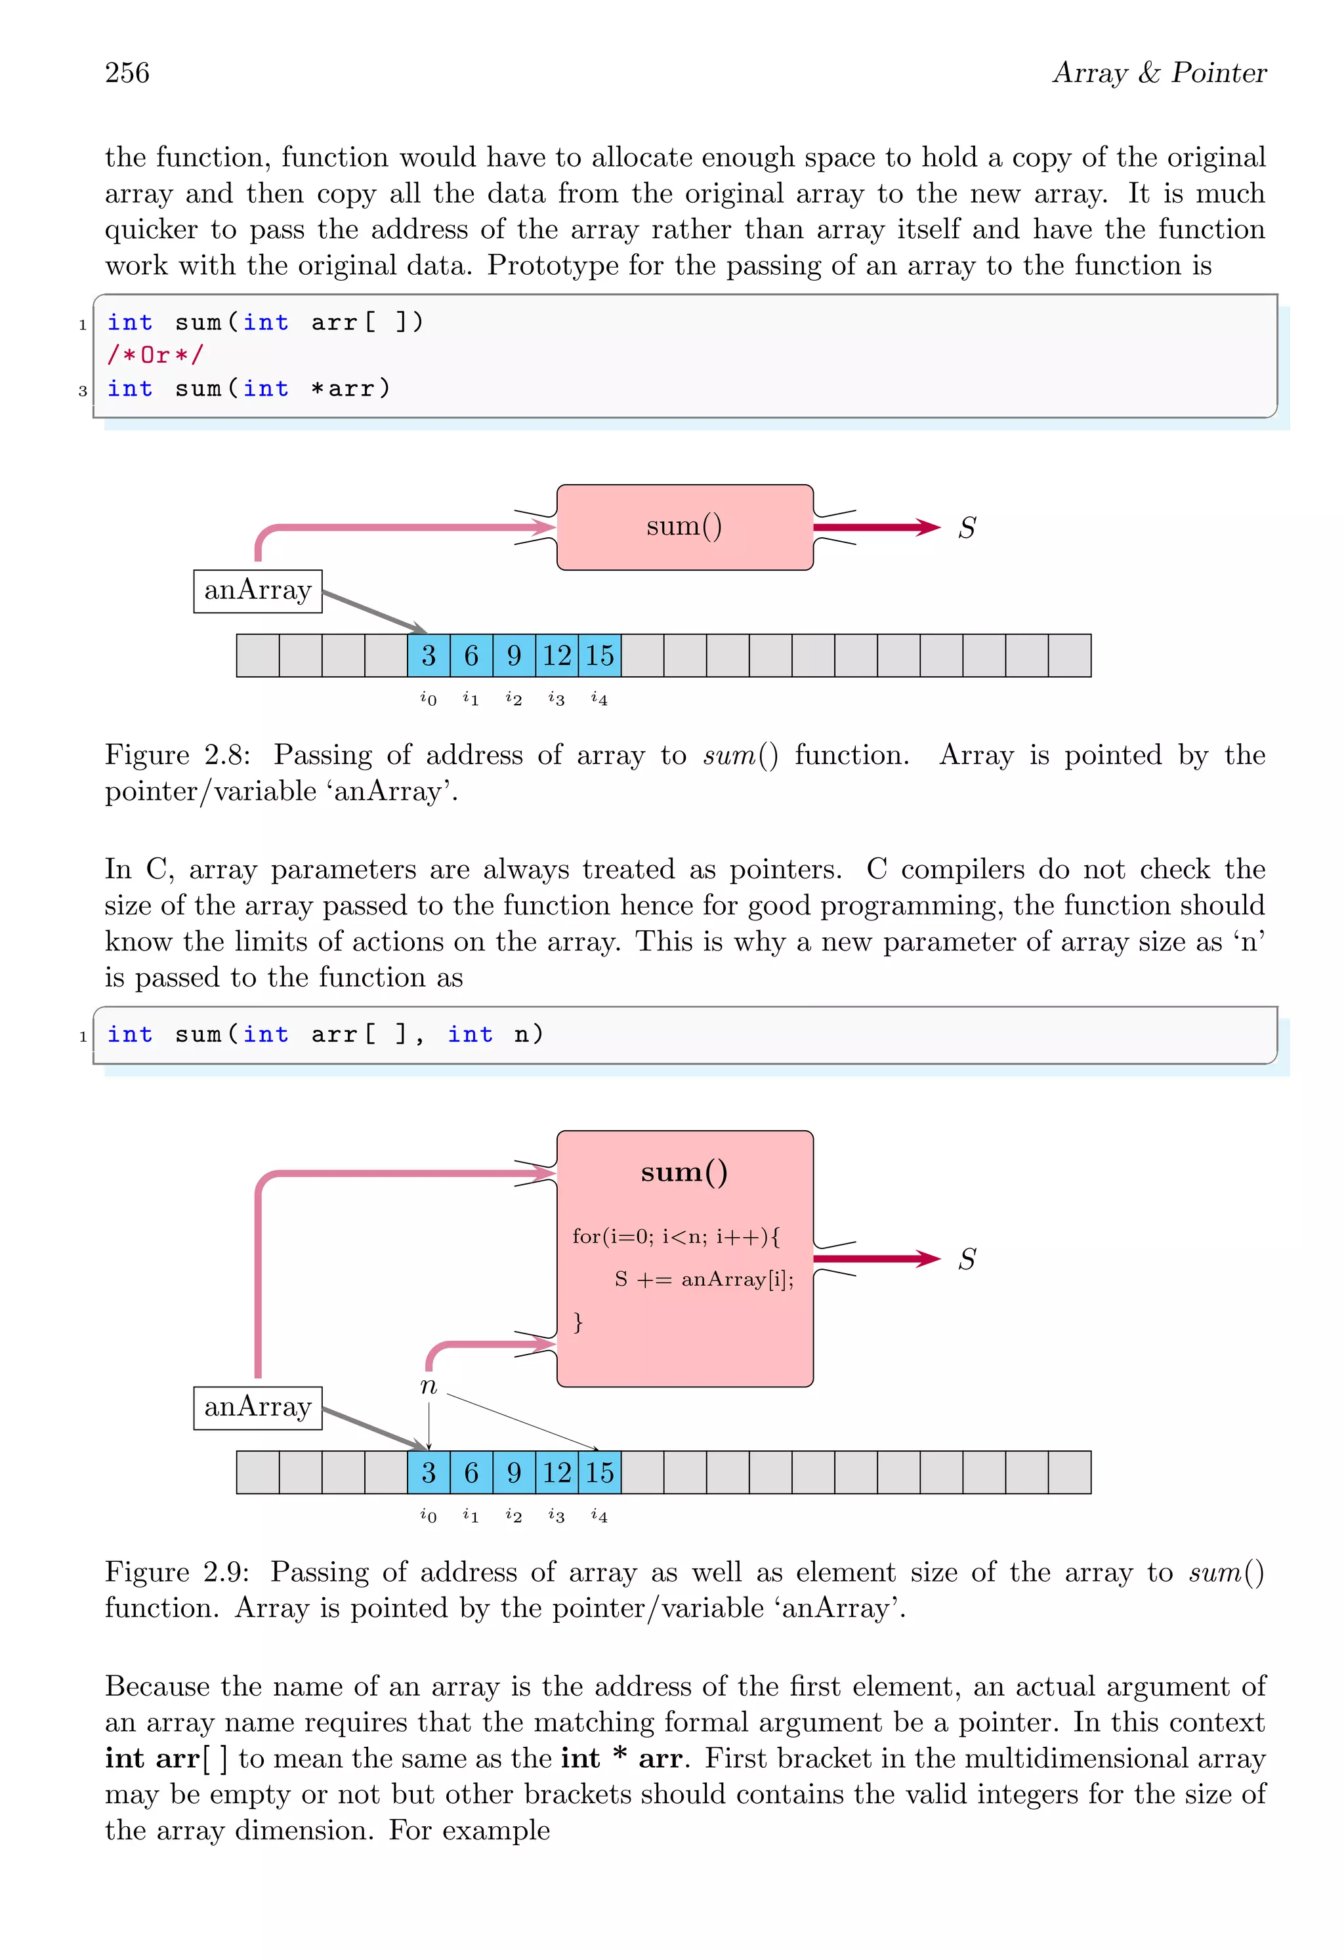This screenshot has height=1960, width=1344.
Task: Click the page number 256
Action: [x=127, y=73]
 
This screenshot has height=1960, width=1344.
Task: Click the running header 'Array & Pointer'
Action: [x=1159, y=73]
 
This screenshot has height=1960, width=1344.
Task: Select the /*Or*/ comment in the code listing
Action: [x=156, y=355]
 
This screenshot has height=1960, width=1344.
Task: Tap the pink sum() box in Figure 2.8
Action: [x=684, y=527]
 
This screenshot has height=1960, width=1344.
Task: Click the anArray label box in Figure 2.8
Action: [x=257, y=590]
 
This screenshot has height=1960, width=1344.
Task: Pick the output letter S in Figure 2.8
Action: [x=967, y=529]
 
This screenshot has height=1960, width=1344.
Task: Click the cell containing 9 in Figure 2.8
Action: [x=514, y=656]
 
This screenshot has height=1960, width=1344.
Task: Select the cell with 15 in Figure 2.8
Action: [x=600, y=656]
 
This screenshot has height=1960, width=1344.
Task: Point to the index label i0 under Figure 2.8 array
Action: [x=429, y=699]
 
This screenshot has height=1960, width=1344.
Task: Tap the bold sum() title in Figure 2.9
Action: [x=684, y=1172]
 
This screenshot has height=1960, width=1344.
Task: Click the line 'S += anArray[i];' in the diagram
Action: [x=703, y=1279]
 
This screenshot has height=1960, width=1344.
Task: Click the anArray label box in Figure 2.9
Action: [x=257, y=1408]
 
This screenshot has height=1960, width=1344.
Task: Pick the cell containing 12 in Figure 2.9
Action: [x=557, y=1473]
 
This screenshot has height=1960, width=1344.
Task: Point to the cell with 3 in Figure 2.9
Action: [x=429, y=1473]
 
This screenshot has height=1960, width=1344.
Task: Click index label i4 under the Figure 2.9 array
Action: [x=599, y=1515]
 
